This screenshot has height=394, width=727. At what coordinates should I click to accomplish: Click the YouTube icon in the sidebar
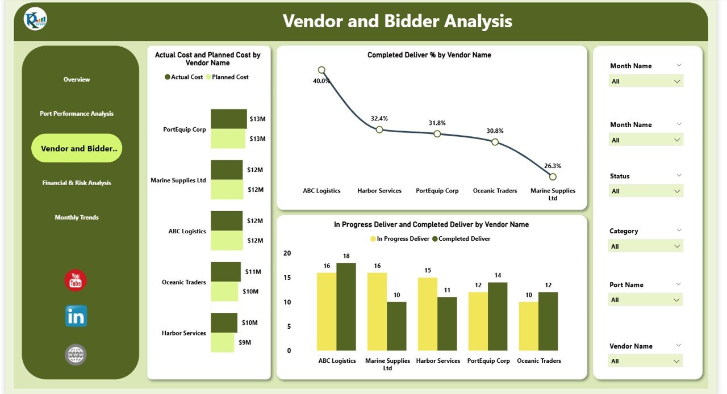tap(76, 280)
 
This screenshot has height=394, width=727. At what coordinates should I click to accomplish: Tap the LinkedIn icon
tap(76, 316)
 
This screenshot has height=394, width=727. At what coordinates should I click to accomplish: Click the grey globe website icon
tap(76, 355)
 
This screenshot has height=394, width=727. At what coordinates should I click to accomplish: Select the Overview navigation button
tap(77, 79)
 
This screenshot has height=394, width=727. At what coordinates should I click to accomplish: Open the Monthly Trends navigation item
tap(77, 217)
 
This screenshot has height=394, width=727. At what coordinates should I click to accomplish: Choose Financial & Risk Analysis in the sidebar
tap(77, 183)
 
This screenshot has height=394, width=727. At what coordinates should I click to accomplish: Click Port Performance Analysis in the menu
tap(77, 114)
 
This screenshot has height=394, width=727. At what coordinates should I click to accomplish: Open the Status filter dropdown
tap(646, 191)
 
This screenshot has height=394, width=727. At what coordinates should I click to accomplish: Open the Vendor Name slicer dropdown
tap(646, 361)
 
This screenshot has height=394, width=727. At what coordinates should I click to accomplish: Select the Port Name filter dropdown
tap(646, 300)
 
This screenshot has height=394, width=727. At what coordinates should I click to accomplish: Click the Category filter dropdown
tap(646, 246)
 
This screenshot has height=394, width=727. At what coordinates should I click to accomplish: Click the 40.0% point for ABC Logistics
tap(321, 70)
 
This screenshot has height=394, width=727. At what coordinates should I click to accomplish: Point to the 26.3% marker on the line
tap(553, 177)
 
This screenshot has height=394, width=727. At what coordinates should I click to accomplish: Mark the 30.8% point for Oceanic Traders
tap(495, 142)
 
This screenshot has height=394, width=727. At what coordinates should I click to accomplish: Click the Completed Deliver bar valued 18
tap(346, 307)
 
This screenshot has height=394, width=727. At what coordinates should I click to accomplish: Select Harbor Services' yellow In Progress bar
tap(428, 314)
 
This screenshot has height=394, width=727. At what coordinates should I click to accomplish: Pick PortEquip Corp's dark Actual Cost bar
tap(229, 119)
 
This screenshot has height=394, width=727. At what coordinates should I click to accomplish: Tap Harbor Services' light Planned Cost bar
tap(222, 342)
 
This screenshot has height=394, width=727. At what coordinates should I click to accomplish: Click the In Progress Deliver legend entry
tap(400, 239)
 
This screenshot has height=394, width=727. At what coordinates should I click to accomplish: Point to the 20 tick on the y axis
tap(287, 253)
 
